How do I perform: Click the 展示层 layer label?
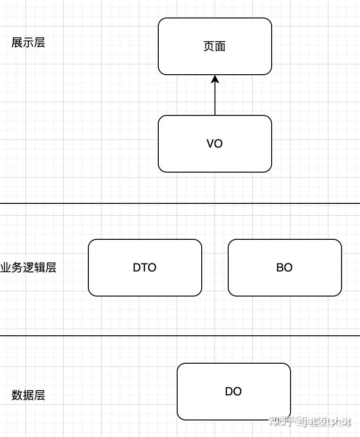(x=28, y=43)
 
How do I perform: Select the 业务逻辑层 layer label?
(x=28, y=268)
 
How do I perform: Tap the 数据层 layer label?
(x=28, y=395)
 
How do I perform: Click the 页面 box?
(x=215, y=46)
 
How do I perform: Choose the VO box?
(x=215, y=144)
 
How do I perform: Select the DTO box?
(x=145, y=268)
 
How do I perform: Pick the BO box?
(x=284, y=268)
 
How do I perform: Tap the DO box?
(x=233, y=392)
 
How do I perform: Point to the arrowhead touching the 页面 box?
(x=215, y=79)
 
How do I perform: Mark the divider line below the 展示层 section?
(x=180, y=203)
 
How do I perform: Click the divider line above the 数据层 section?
(x=180, y=336)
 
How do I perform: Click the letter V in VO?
(x=210, y=144)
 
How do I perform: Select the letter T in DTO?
(x=145, y=268)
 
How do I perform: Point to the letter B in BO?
(x=280, y=268)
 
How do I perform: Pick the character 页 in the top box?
(x=209, y=46)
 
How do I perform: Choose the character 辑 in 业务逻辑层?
(x=40, y=268)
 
